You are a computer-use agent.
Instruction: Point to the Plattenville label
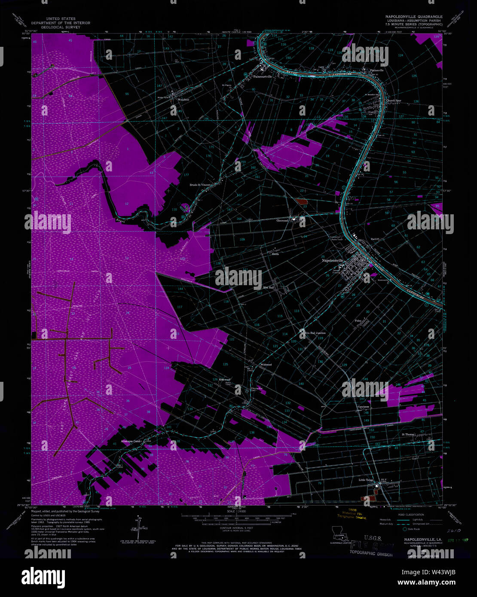point(373,70)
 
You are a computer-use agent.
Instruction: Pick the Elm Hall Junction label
point(315,333)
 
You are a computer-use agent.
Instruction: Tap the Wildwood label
point(266,365)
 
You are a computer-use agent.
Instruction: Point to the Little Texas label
point(367,480)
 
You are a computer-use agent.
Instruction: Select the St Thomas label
point(408,435)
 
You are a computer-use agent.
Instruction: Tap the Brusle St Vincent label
point(201,185)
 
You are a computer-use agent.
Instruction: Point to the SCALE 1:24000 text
point(238,511)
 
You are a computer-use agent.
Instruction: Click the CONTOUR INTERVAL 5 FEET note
point(238,532)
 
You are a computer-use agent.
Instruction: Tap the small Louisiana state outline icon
point(339,535)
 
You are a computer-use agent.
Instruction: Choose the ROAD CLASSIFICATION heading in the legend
point(411,515)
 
